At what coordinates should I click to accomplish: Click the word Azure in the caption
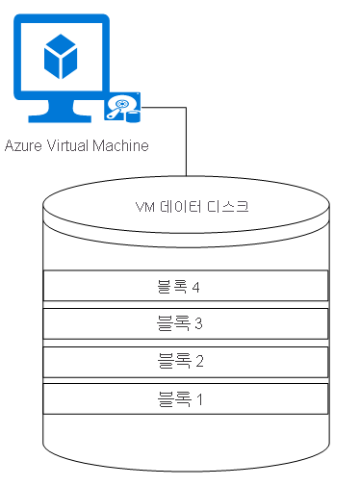23,146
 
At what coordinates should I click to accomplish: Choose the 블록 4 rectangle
185,286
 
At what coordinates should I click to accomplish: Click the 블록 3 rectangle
185,323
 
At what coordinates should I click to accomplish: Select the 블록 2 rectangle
185,361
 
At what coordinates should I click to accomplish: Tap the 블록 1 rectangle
185,397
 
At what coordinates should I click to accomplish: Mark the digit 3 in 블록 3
198,323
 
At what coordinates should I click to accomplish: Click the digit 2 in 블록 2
198,361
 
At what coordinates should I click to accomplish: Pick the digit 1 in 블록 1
198,397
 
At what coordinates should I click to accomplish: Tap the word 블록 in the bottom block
172,397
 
